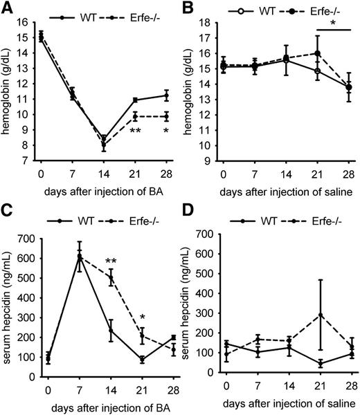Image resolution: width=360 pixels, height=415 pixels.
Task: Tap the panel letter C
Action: (x=7, y=216)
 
